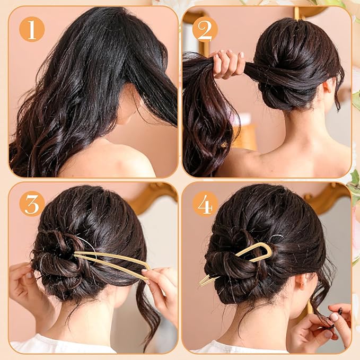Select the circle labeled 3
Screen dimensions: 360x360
(32, 204)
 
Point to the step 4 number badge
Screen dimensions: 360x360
(205, 204)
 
